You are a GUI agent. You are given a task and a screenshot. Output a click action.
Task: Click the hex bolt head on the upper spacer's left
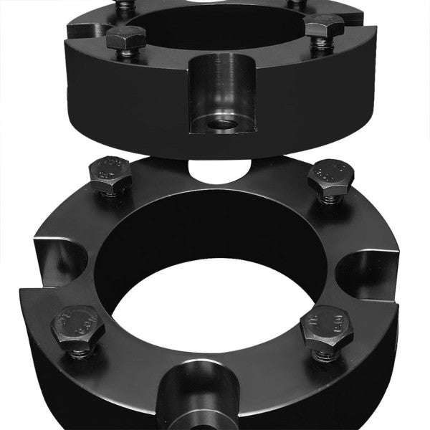127,37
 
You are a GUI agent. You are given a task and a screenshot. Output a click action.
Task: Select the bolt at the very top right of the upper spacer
297,4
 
